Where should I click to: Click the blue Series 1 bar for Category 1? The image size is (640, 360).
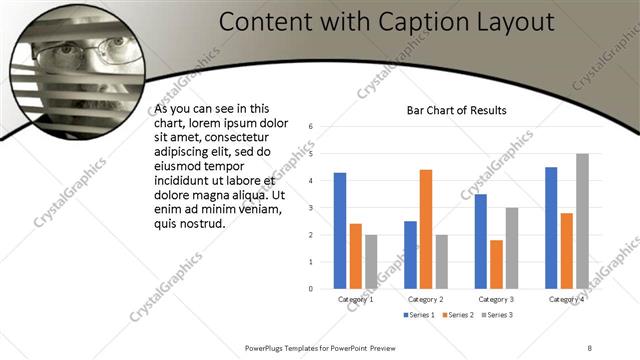[x=340, y=231]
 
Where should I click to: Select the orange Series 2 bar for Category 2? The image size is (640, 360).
[x=426, y=229]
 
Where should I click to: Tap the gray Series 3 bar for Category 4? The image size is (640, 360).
[x=582, y=221]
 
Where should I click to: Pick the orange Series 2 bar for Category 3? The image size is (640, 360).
[x=497, y=264]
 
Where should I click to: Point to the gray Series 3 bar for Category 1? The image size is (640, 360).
[x=371, y=262]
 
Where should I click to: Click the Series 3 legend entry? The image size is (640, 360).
[x=499, y=315]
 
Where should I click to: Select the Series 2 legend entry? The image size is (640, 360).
[x=460, y=315]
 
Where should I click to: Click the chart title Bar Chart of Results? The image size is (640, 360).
[x=456, y=110]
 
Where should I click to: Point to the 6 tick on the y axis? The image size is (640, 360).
[x=312, y=127]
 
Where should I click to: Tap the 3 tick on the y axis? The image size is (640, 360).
[x=312, y=208]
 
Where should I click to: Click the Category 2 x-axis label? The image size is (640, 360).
[x=426, y=298]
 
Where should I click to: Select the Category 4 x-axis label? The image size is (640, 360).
[x=567, y=298]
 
